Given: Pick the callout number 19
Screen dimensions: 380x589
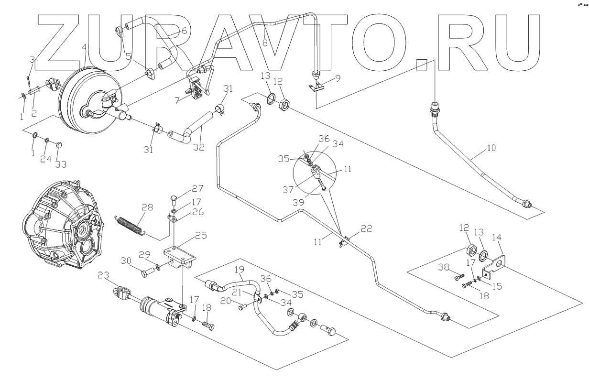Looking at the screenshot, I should click(x=240, y=269).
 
